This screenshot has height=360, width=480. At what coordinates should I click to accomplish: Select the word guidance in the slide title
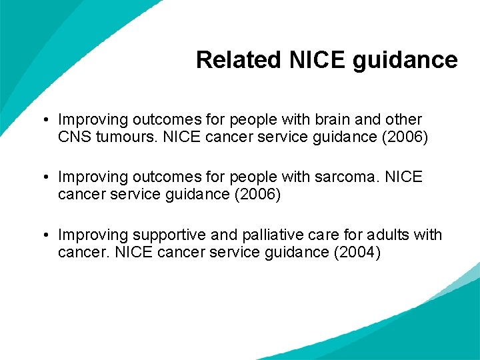(405, 60)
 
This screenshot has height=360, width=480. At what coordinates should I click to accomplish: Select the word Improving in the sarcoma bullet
(93, 177)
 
